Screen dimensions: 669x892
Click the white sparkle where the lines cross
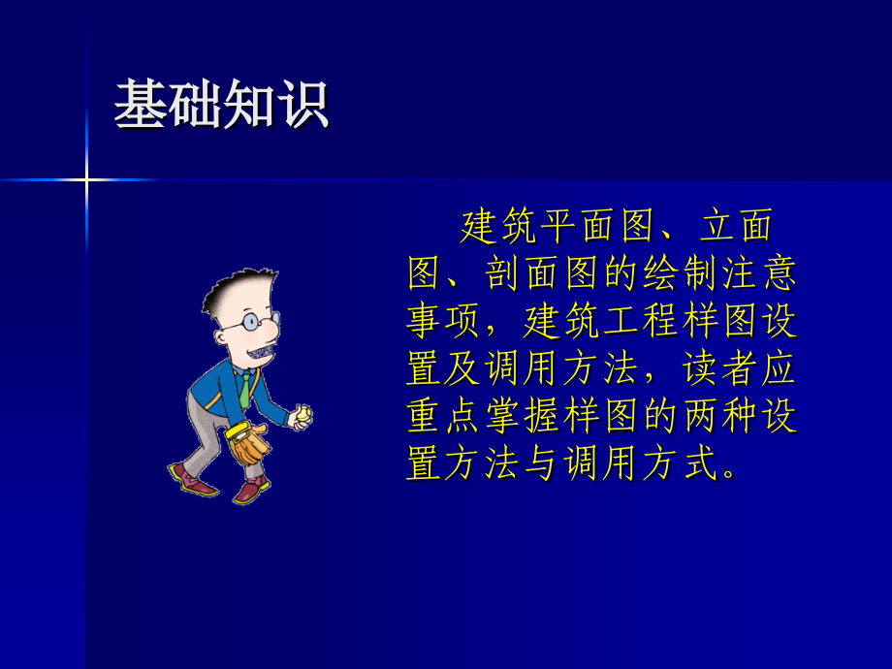pyautogui.click(x=85, y=179)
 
